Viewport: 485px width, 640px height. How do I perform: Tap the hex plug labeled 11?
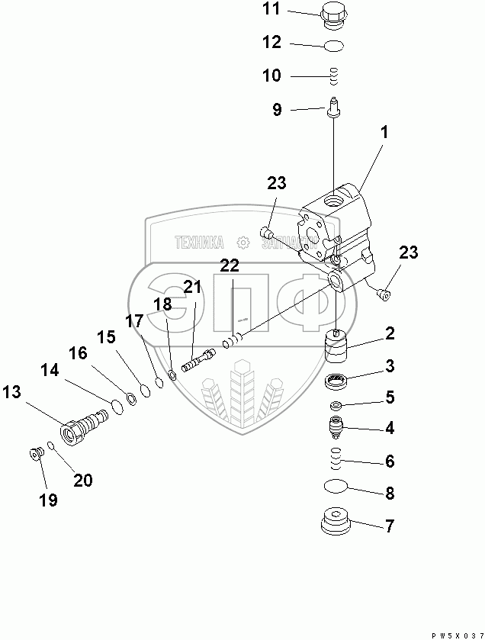pos(333,14)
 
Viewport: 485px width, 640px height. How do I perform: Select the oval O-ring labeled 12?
pos(333,46)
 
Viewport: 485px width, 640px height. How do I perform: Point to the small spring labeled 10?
pos(333,76)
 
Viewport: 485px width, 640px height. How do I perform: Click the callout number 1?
pos(384,132)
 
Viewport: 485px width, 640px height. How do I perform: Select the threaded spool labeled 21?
pos(197,356)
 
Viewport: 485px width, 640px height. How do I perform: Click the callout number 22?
pos(230,265)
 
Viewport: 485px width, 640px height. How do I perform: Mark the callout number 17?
pos(134,322)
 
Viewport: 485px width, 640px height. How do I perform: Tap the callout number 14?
pos(50,371)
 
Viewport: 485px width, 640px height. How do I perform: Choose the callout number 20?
pos(82,479)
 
